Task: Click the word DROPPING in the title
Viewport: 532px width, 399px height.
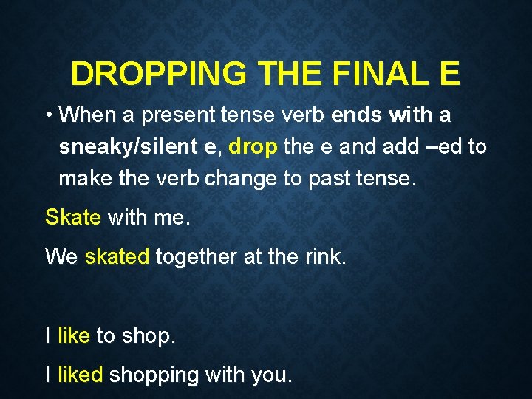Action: pos(159,74)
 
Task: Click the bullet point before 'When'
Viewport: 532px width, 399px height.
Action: pos(48,115)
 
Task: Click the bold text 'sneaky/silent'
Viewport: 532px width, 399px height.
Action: pos(127,146)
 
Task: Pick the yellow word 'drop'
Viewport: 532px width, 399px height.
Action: pos(253,146)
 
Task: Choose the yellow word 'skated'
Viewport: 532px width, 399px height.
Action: pos(117,256)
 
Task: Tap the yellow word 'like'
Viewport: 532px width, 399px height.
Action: pos(73,335)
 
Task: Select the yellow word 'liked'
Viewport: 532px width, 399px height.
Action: pos(80,375)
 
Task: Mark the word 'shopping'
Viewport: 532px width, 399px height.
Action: pos(154,376)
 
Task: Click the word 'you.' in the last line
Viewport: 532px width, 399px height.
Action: pos(272,376)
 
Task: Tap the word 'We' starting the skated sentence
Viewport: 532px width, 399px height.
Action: pos(61,256)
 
